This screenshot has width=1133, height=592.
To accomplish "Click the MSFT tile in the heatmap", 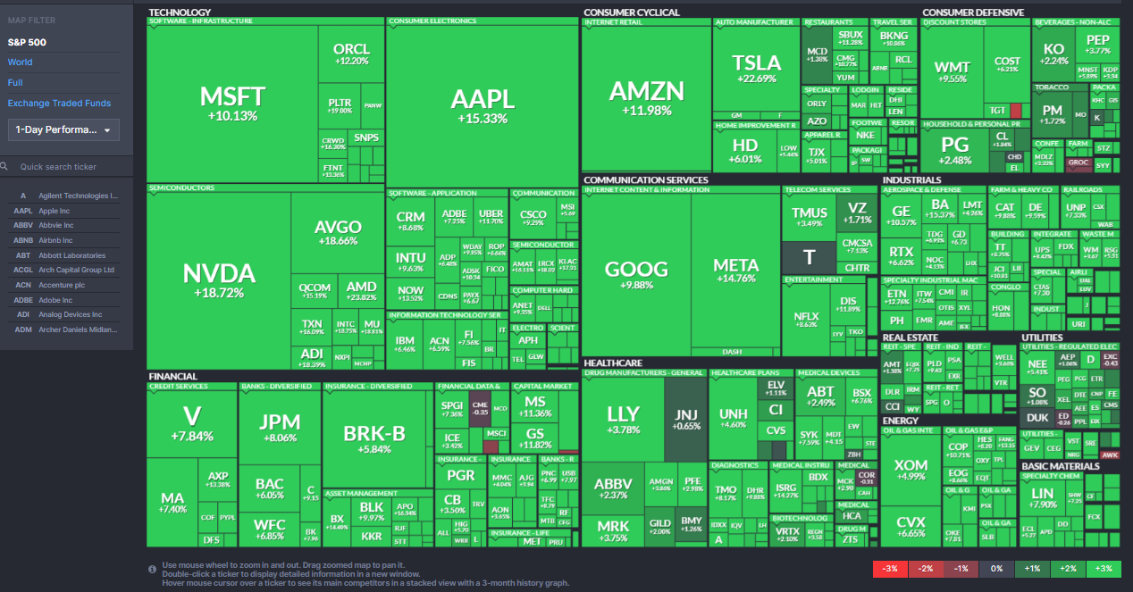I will tap(232, 103).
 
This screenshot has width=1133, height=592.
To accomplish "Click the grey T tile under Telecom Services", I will tap(810, 257).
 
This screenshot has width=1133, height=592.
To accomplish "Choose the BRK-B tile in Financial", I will tap(374, 438).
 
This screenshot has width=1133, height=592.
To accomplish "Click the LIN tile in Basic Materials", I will tap(1042, 498).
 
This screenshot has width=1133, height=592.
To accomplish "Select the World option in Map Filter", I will tap(21, 63).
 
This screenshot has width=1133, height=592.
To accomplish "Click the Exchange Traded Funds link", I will tap(59, 104).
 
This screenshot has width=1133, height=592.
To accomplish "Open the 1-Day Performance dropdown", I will tap(63, 130).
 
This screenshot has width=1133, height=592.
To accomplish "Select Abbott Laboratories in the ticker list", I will tap(71, 255).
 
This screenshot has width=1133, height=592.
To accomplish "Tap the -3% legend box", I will tap(890, 569).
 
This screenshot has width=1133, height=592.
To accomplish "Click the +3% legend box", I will tap(1104, 569).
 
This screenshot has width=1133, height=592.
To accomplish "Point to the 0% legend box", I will tap(996, 569).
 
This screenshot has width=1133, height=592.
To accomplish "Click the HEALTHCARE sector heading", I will tap(613, 363).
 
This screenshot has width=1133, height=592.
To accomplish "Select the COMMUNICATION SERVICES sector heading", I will tap(645, 179).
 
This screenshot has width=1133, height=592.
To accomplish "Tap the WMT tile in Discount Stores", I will tap(951, 71).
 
